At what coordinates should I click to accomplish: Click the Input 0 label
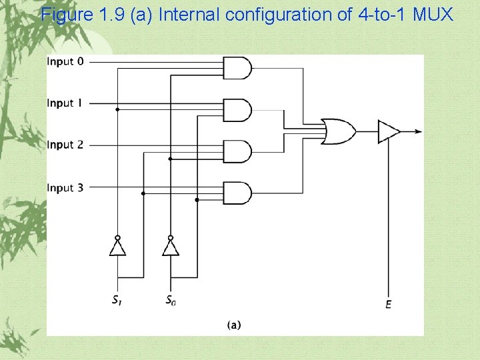point(65,62)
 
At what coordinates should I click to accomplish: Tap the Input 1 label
point(65,103)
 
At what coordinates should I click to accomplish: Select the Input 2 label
point(65,145)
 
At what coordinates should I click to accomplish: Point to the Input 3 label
point(65,188)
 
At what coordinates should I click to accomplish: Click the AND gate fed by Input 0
point(239,67)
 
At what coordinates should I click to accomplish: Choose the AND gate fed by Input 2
point(239,151)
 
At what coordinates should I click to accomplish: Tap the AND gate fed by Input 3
point(239,193)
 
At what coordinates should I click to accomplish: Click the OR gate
point(338,131)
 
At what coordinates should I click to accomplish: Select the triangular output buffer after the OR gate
point(388,131)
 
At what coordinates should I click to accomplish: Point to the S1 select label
point(117,300)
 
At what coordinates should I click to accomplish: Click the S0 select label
point(171,300)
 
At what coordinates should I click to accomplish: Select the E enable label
point(388,305)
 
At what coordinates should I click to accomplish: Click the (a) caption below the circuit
point(234,325)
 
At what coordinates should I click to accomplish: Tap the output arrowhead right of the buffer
point(418,131)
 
